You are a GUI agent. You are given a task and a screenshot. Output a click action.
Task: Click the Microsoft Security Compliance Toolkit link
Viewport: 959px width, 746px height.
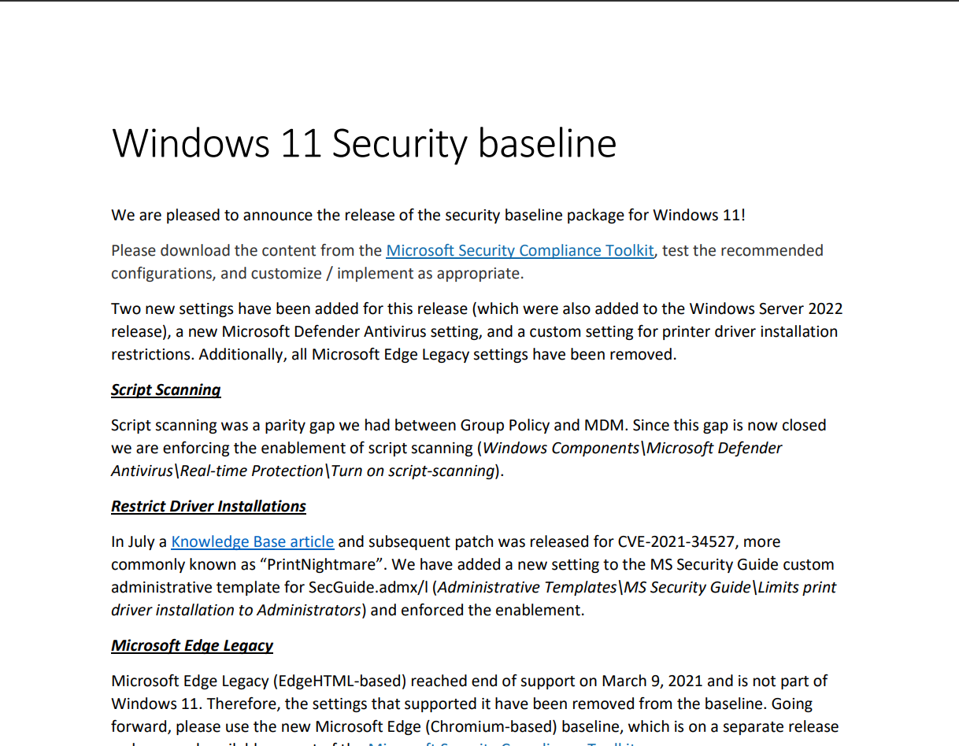pyautogui.click(x=520, y=250)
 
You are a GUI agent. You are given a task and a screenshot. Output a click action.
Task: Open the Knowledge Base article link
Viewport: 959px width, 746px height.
pyautogui.click(x=252, y=541)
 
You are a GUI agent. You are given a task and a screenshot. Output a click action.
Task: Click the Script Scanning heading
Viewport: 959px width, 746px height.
pyautogui.click(x=165, y=390)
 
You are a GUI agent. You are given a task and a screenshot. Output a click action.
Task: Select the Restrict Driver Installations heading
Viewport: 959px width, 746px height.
pyautogui.click(x=209, y=506)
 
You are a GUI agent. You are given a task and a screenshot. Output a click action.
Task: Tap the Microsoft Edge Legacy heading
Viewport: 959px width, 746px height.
pyautogui.click(x=192, y=645)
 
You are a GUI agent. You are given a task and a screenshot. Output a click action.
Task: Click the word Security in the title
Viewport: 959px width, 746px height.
pyautogui.click(x=399, y=143)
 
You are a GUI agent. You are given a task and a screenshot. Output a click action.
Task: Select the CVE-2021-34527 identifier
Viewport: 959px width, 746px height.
pyautogui.click(x=672, y=541)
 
